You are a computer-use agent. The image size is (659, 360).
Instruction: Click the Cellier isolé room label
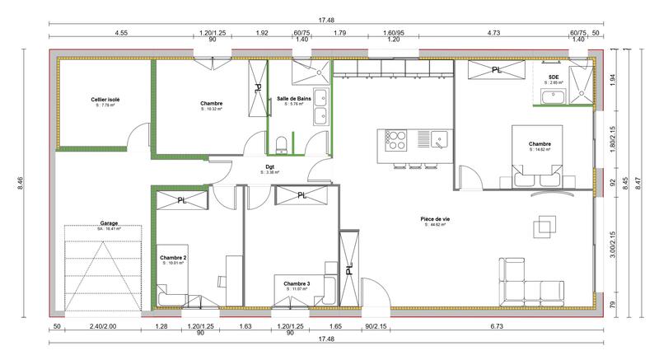[105, 99]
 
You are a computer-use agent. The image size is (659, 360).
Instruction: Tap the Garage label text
[109, 222]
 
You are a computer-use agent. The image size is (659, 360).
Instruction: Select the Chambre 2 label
[173, 258]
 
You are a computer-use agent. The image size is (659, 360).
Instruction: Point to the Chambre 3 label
[297, 283]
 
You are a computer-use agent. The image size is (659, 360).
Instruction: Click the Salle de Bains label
[293, 98]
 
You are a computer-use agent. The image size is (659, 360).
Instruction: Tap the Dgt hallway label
[269, 167]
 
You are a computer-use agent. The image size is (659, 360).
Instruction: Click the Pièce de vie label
[434, 219]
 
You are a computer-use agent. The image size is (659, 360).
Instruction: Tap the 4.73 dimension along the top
[494, 34]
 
